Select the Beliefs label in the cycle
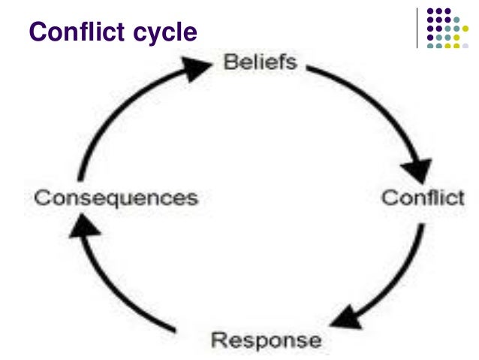tap(261, 62)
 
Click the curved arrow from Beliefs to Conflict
tap(375, 98)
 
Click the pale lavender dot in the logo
tap(465, 45)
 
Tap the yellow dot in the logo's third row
tap(465, 29)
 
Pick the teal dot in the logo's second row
tap(456, 20)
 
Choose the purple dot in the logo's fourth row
tap(429, 37)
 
